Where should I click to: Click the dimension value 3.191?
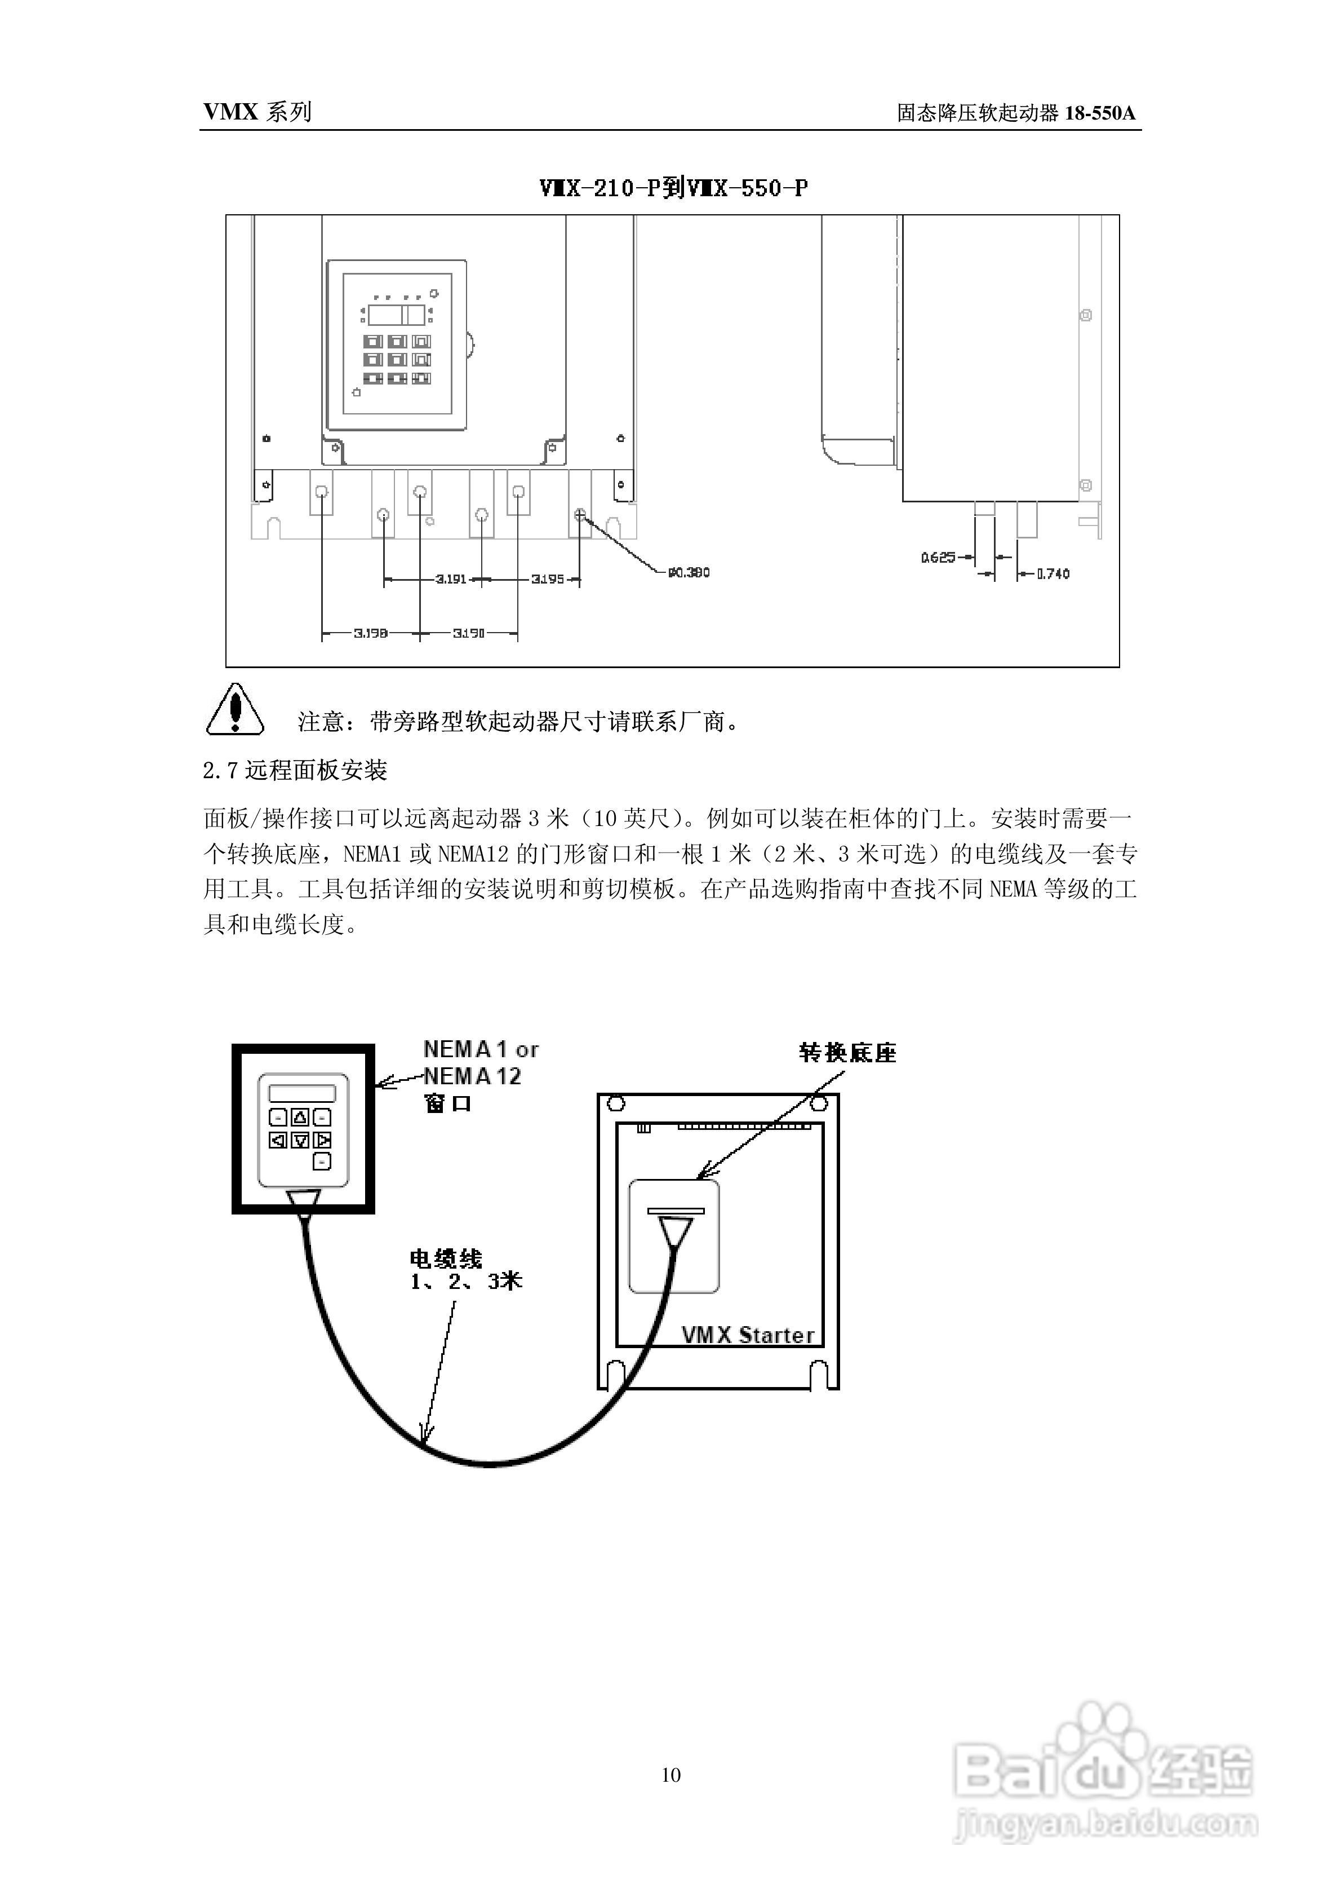[x=451, y=579]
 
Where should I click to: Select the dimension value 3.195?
[x=547, y=579]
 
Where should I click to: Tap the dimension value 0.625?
[x=938, y=558]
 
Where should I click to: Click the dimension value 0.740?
[x=1053, y=573]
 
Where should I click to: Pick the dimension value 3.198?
[x=370, y=634]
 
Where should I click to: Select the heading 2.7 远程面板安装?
[x=295, y=771]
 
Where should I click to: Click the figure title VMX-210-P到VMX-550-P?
[x=673, y=188]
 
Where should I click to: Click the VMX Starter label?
[x=747, y=1335]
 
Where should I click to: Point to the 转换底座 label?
[x=847, y=1053]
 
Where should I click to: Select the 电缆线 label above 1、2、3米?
[x=446, y=1259]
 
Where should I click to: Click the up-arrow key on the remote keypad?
[x=300, y=1118]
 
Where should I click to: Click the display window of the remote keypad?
[x=302, y=1093]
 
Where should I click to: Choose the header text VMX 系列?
[x=257, y=112]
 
